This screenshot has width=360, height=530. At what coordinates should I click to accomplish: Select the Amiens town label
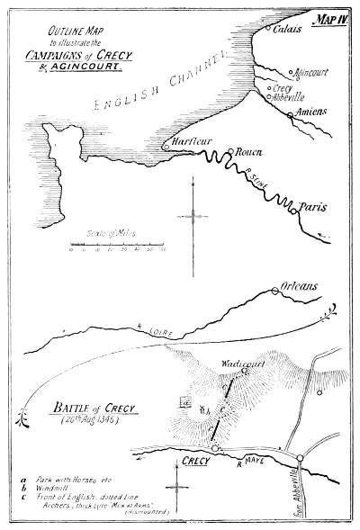(x=310, y=111)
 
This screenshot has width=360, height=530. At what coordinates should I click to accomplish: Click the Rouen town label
(x=247, y=153)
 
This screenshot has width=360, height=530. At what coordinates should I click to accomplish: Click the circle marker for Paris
(x=293, y=211)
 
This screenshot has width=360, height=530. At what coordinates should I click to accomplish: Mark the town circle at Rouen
(x=230, y=152)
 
